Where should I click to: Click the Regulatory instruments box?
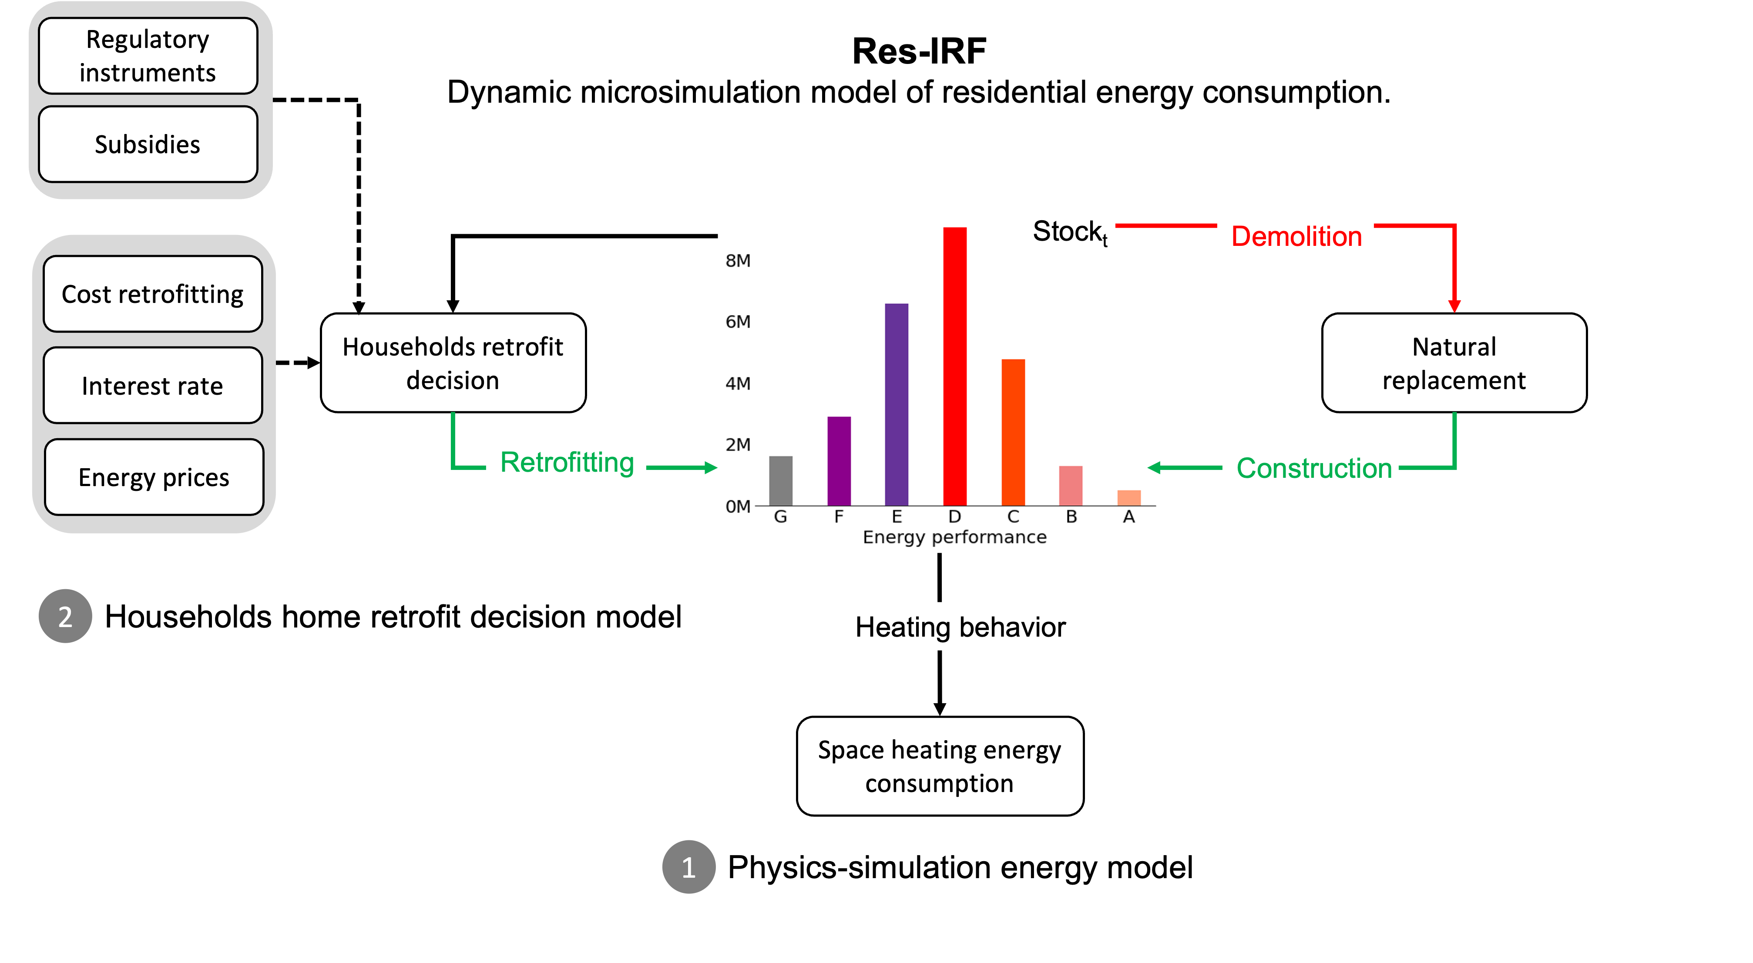point(148,56)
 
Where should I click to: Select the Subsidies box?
point(148,144)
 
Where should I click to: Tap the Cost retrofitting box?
point(152,294)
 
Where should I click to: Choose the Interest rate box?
point(152,385)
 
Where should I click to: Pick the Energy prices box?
point(154,477)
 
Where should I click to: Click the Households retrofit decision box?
point(453,363)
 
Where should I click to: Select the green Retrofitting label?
point(566,462)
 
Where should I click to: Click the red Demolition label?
point(1296,236)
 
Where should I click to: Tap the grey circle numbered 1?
point(688,867)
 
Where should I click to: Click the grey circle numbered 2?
point(65,616)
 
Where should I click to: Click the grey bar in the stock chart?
point(781,480)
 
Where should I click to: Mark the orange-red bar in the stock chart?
point(1013,432)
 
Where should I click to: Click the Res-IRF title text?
point(920,51)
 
